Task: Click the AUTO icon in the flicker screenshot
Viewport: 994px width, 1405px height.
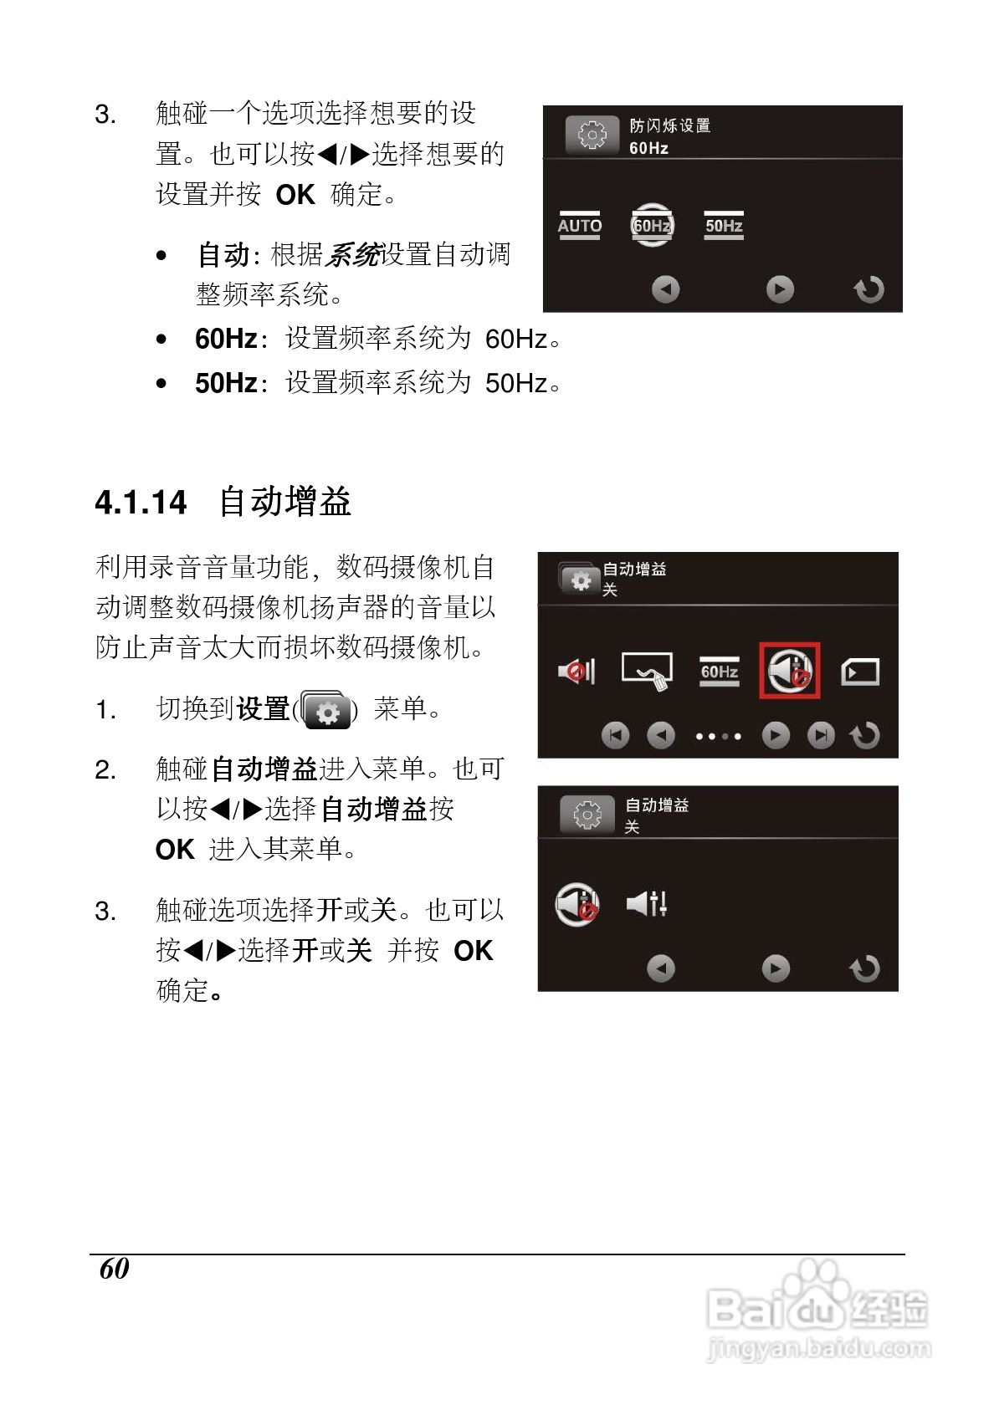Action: pyautogui.click(x=580, y=226)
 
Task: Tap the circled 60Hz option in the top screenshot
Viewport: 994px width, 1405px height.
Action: pyautogui.click(x=652, y=226)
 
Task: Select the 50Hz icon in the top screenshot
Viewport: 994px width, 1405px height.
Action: pyautogui.click(x=724, y=226)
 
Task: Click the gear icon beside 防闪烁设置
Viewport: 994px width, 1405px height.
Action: pyautogui.click(x=592, y=135)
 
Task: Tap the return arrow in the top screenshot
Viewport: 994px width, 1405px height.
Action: pyautogui.click(x=868, y=289)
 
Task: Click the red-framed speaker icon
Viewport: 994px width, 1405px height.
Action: pyautogui.click(x=789, y=671)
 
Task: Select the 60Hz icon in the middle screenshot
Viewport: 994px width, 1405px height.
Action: pyautogui.click(x=720, y=672)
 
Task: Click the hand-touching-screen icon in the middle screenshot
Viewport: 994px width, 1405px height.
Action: pyautogui.click(x=648, y=672)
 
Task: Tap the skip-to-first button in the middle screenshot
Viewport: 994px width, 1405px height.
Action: pyautogui.click(x=615, y=736)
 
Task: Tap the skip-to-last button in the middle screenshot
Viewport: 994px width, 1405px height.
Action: pyautogui.click(x=821, y=736)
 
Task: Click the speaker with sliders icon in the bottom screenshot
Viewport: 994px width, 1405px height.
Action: pyautogui.click(x=647, y=903)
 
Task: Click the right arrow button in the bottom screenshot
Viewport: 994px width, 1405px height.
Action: pyautogui.click(x=776, y=968)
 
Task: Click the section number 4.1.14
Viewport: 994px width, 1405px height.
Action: pyautogui.click(x=141, y=503)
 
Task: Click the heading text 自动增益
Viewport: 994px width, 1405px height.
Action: pyautogui.click(x=284, y=503)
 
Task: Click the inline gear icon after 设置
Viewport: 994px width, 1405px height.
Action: pyautogui.click(x=327, y=711)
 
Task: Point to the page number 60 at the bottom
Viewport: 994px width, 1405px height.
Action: pyautogui.click(x=114, y=1269)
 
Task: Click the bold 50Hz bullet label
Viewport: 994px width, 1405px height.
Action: pyautogui.click(x=226, y=383)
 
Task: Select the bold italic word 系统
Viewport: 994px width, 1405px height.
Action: pyautogui.click(x=352, y=254)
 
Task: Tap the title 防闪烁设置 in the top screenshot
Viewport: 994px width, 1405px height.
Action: pyautogui.click(x=669, y=125)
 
